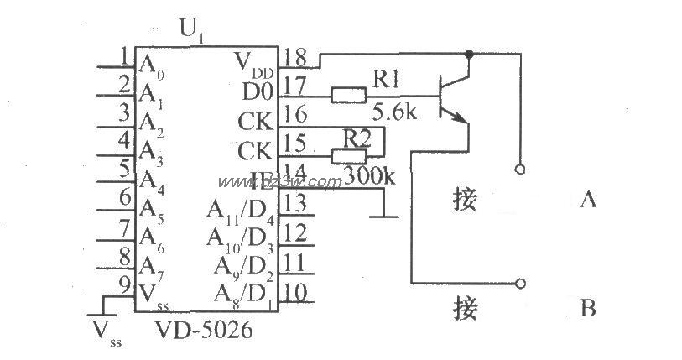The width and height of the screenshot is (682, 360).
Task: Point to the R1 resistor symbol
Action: (347, 96)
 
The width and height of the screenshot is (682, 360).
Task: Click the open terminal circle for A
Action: (521, 169)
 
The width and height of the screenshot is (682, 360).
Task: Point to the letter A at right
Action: (588, 200)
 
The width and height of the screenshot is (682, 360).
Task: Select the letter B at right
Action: (588, 310)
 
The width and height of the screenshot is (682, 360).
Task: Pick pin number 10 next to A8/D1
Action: (295, 290)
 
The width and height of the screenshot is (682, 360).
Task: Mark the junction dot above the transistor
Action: (470, 54)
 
